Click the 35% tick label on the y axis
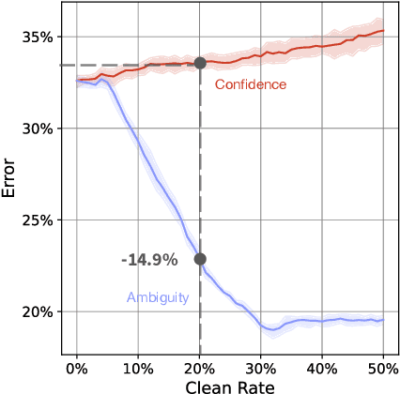(36, 38)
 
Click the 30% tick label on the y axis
(36, 129)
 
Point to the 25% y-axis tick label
(36, 220)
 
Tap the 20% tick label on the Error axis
(36, 311)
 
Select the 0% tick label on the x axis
(77, 368)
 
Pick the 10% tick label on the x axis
(138, 368)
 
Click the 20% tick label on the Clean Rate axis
(199, 368)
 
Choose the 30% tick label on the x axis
(261, 368)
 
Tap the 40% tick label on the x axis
(322, 368)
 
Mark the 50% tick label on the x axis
(383, 368)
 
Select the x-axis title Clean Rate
(230, 385)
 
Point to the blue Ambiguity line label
(158, 297)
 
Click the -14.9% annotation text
(143, 259)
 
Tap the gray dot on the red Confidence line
(200, 64)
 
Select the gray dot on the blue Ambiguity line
(200, 259)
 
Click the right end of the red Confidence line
(383, 31)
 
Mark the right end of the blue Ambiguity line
(383, 320)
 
